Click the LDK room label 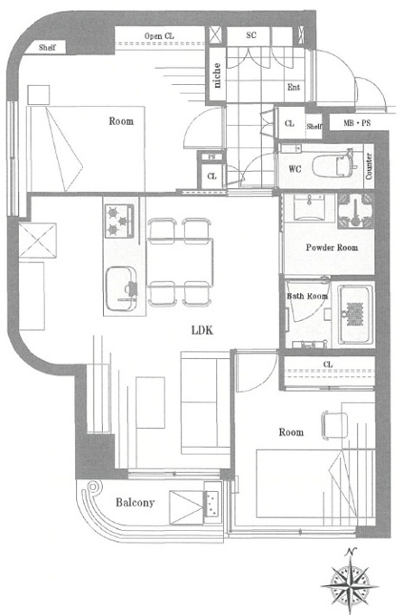(202, 330)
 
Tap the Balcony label (135, 503)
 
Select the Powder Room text (332, 248)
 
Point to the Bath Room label (307, 296)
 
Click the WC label (295, 169)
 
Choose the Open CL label (159, 36)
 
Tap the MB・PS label (357, 123)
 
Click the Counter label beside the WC (369, 166)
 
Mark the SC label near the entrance (251, 35)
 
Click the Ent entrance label (294, 87)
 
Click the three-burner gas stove (119, 222)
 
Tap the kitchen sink (121, 289)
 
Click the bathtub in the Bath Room (356, 314)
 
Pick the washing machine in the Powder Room (355, 210)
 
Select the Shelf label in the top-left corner (47, 48)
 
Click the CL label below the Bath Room (328, 364)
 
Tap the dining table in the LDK (180, 261)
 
